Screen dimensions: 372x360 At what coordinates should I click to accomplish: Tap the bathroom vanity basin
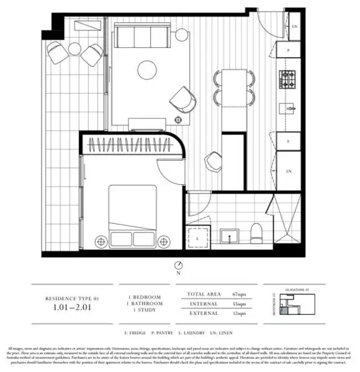(x=230, y=236)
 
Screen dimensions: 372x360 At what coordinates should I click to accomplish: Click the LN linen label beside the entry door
(x=294, y=27)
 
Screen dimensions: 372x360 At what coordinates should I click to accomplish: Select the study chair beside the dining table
(x=213, y=162)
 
